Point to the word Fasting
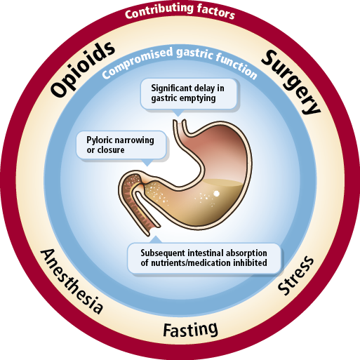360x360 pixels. (x=190, y=328)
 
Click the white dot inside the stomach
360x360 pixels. (x=217, y=192)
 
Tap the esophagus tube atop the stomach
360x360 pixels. (x=180, y=128)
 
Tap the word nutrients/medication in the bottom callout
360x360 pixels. (x=198, y=263)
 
